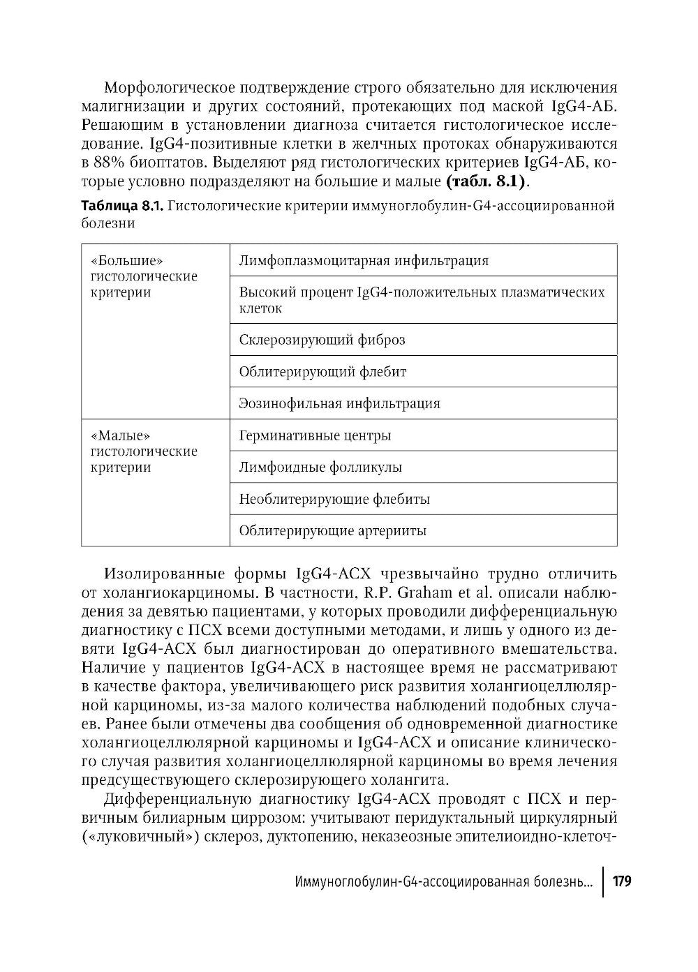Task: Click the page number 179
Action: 621,881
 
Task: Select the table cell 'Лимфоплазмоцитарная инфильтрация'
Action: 364,261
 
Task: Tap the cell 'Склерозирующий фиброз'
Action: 322,340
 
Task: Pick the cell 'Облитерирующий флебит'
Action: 322,372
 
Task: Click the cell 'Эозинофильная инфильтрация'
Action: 339,403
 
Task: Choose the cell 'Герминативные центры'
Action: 315,435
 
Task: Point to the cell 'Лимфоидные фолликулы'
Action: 320,468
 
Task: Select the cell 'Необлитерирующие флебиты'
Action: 334,499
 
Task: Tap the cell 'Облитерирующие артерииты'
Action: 333,531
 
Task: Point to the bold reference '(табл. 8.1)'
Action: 487,183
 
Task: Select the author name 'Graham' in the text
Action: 414,594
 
